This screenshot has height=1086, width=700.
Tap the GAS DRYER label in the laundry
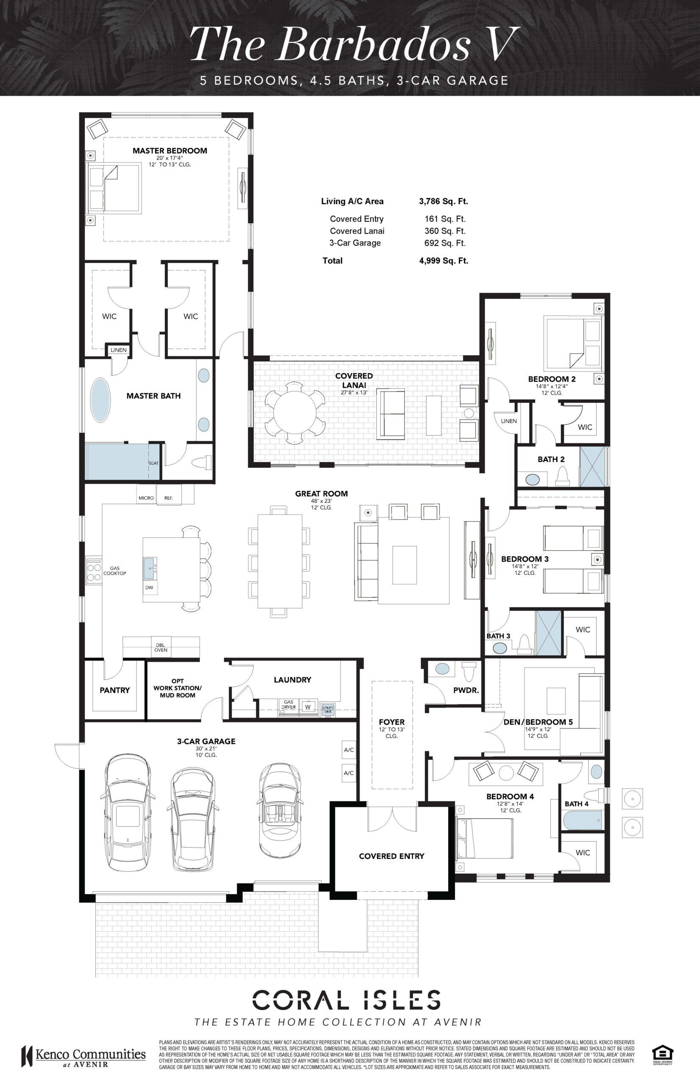pos(289,705)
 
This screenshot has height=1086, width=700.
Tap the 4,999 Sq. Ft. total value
pos(443,260)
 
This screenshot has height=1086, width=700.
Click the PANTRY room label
pos(114,690)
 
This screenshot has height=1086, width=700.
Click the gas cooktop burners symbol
pos(94,572)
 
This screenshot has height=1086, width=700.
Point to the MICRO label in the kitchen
pos(146,498)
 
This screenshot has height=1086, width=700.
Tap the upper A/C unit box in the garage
pos(349,750)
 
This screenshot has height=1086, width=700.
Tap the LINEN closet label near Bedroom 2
pos(509,421)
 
